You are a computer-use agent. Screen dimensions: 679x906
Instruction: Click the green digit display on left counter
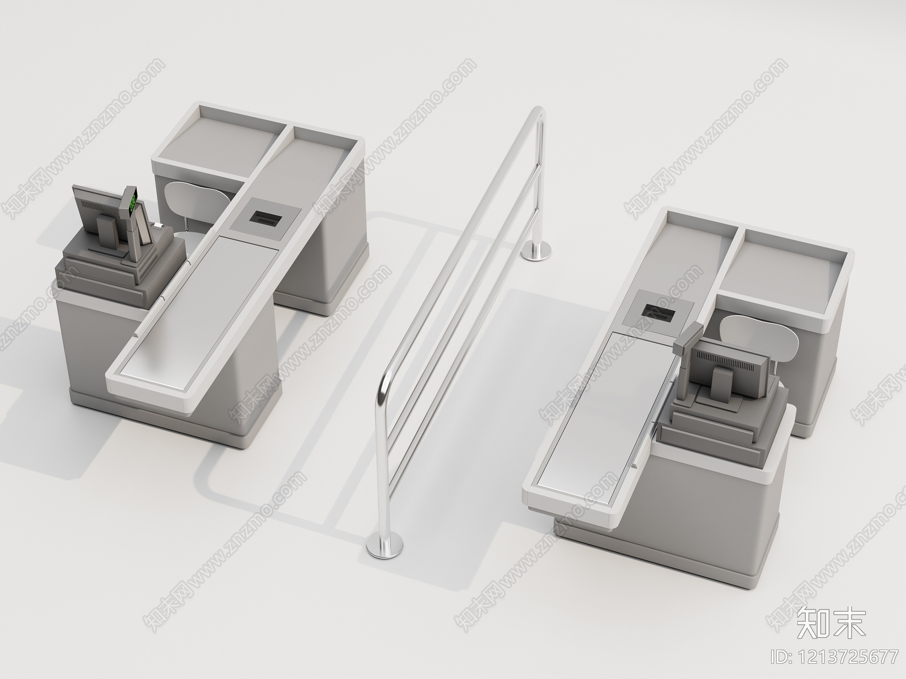tap(133, 201)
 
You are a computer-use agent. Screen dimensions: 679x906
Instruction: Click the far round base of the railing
tap(535, 251)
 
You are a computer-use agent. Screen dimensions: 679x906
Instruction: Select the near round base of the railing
tap(385, 545)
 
